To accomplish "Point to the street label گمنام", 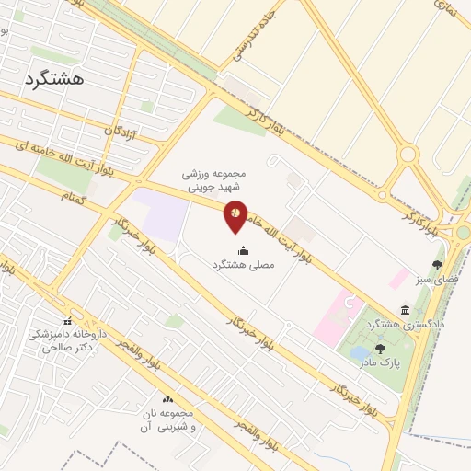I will (x=73, y=197).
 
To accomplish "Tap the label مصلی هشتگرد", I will (x=244, y=264).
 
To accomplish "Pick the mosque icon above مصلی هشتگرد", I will (x=243, y=249).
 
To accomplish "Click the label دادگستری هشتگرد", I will (x=406, y=324).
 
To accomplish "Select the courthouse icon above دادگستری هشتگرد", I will (x=406, y=309).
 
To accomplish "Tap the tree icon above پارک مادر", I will (x=380, y=349).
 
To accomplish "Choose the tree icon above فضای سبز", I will (x=437, y=264).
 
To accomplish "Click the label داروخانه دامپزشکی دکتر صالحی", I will (x=66, y=342).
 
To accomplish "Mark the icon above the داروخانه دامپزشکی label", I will (x=67, y=320).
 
